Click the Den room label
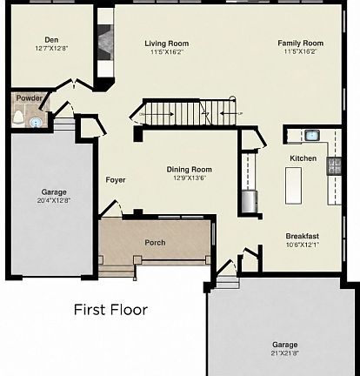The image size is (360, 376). (x=51, y=40)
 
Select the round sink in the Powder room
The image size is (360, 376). (x=37, y=123)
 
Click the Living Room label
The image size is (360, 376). (x=167, y=44)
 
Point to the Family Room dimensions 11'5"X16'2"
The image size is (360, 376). (x=301, y=51)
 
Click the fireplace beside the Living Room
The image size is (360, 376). (x=104, y=43)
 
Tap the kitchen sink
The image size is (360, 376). (x=312, y=135)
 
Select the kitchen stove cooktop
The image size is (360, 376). (x=334, y=166)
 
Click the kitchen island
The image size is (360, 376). (x=293, y=185)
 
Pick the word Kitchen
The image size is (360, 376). (x=303, y=158)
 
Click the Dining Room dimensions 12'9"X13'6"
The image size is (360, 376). (x=190, y=178)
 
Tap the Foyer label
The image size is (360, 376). (x=116, y=180)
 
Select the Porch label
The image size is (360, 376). (x=155, y=243)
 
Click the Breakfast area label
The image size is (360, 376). (x=303, y=236)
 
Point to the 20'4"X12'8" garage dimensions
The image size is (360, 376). (x=54, y=200)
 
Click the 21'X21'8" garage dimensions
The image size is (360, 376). (x=285, y=353)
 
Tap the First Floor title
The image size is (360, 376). (x=110, y=310)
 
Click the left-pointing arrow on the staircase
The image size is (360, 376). (x=229, y=113)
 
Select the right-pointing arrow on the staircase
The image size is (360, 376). (x=159, y=114)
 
